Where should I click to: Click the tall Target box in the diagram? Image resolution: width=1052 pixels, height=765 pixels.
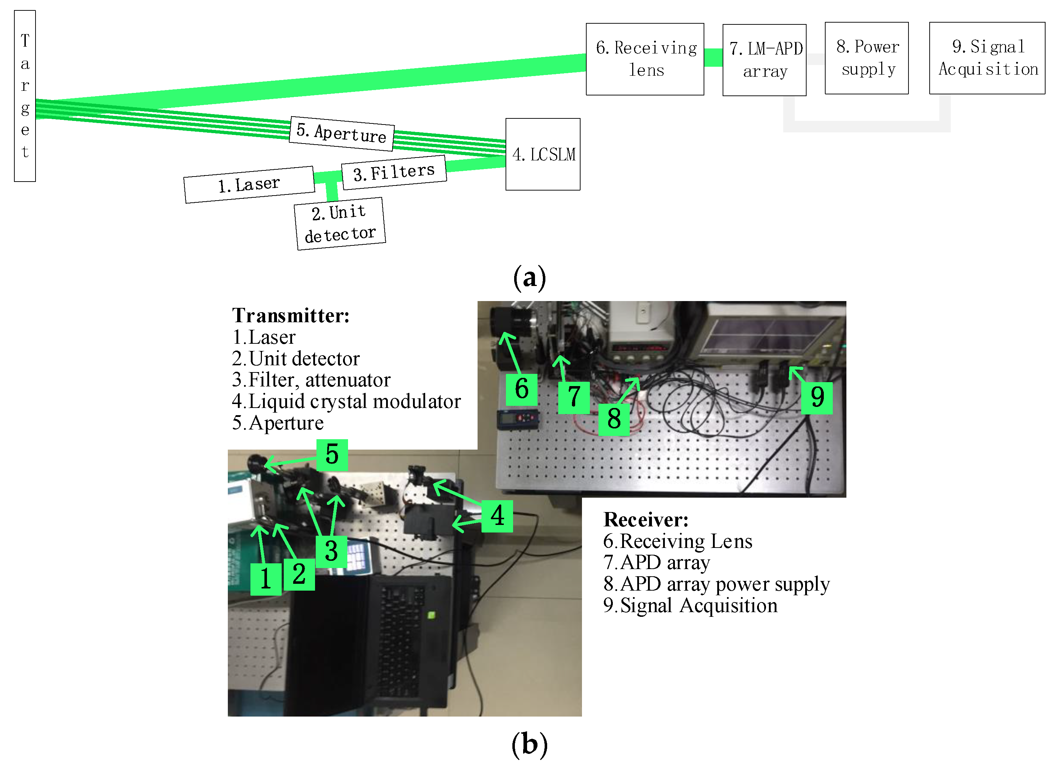(x=25, y=96)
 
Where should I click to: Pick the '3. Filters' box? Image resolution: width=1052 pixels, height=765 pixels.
(x=394, y=172)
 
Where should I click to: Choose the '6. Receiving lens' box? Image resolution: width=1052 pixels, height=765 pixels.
(x=645, y=59)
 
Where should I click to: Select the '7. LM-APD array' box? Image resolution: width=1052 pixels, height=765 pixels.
(x=764, y=60)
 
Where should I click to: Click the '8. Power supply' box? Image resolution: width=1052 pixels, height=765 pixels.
(x=866, y=58)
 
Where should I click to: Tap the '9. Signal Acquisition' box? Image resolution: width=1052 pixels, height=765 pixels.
(x=987, y=58)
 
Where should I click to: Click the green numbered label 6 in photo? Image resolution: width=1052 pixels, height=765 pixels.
(x=521, y=389)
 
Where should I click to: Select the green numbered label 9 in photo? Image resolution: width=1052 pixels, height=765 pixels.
(x=817, y=398)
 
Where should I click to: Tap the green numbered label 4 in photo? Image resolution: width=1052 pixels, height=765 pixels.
(x=497, y=515)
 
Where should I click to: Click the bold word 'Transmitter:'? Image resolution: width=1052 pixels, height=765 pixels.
(x=290, y=315)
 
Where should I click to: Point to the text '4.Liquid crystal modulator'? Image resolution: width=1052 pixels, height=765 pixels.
(x=346, y=401)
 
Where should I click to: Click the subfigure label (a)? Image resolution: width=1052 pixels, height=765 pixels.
(x=529, y=278)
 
